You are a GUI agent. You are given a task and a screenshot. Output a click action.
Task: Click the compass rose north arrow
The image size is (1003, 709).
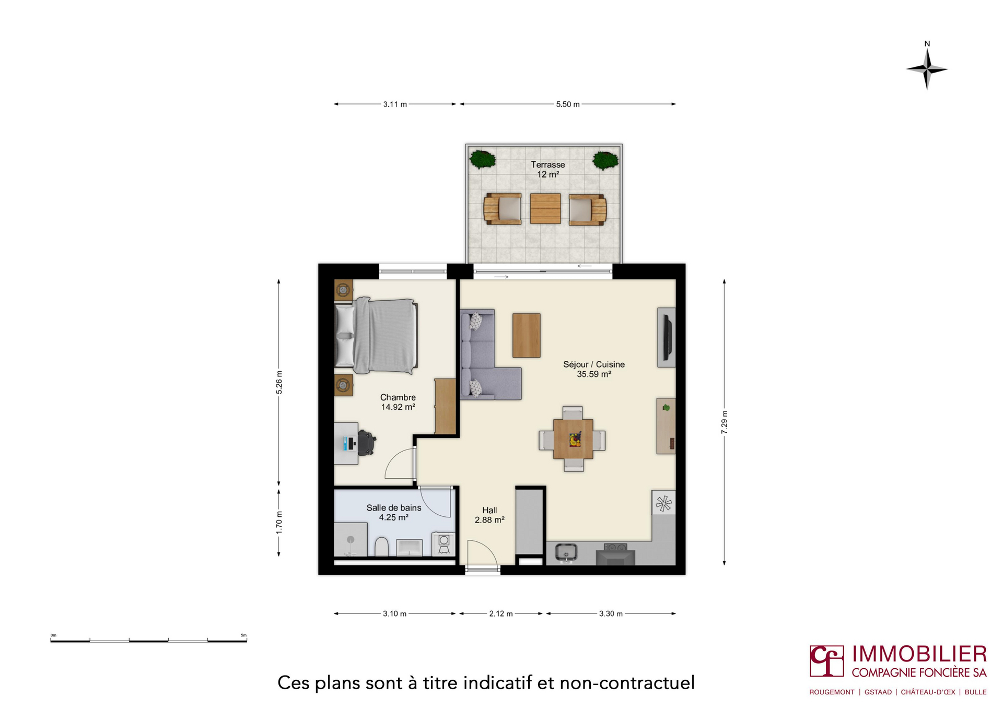tap(927, 68)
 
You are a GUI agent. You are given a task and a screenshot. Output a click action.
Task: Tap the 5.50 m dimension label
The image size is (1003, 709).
tap(568, 104)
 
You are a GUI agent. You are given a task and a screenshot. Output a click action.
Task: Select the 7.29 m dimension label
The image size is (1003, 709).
tap(724, 422)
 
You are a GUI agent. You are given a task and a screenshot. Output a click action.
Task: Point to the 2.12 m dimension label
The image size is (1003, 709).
tap(501, 613)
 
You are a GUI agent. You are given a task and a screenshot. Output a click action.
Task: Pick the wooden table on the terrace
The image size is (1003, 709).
tap(545, 209)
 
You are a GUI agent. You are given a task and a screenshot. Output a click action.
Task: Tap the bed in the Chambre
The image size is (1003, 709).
tap(376, 336)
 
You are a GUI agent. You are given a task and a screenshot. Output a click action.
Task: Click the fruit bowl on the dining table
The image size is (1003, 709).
tap(575, 439)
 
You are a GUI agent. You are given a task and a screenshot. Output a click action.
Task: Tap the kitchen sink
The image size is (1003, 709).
tap(566, 552)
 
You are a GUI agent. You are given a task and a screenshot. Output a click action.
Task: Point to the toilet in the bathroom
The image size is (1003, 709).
tap(381, 547)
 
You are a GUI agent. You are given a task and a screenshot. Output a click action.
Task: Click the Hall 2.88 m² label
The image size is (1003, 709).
tap(489, 515)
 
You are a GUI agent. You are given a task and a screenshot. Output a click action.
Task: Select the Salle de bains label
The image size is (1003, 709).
tap(394, 508)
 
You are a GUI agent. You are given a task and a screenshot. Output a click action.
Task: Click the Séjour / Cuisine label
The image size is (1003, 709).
tap(594, 364)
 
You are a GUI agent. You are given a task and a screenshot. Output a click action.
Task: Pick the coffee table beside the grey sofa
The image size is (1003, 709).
tap(527, 335)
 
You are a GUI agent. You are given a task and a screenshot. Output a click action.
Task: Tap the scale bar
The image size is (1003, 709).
tap(148, 640)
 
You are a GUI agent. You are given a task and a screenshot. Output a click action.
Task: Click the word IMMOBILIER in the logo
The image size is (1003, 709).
tap(919, 654)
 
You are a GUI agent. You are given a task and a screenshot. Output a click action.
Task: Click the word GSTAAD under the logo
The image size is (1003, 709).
tap(878, 692)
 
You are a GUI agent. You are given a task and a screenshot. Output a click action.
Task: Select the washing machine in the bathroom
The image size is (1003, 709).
tap(444, 543)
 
